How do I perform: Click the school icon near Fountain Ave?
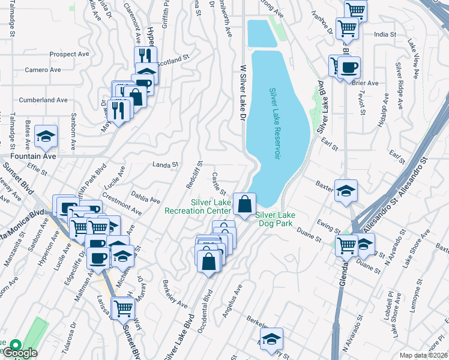point(46,137)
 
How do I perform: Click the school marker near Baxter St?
point(346,191)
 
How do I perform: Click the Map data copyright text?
point(424,355)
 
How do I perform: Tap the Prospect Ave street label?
point(70,54)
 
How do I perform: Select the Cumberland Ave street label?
point(43,100)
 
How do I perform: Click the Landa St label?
point(166,164)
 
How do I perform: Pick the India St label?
point(385,35)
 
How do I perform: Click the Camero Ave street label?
point(43,70)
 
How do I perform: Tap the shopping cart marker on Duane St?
point(346,245)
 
